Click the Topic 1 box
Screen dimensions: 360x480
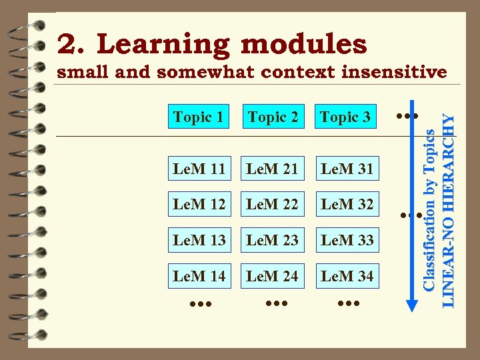point(198,117)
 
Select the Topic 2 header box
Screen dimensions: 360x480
point(273,117)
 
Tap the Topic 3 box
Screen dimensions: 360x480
point(345,117)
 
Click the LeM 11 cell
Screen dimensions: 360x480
point(199,169)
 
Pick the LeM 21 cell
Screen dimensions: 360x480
point(272,169)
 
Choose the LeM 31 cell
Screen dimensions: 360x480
point(347,169)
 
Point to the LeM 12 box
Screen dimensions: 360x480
point(199,204)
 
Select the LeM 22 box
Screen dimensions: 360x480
point(272,204)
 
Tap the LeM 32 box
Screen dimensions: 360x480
point(347,204)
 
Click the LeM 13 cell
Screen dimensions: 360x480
point(199,239)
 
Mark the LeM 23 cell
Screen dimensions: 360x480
point(272,239)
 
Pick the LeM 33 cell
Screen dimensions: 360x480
point(347,239)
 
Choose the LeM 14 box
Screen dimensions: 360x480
point(199,275)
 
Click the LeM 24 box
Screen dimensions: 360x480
point(272,275)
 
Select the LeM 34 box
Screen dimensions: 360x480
point(347,275)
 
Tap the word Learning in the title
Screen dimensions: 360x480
point(164,45)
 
